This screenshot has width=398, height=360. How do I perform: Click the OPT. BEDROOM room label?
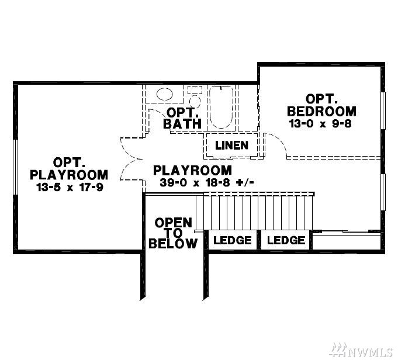coord(321,105)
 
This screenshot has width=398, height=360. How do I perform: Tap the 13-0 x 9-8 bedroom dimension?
coord(320,124)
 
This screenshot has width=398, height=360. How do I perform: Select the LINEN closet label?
coord(232,145)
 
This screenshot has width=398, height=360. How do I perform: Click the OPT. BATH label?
coord(182,118)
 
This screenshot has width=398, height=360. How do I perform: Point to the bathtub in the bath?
coord(222,107)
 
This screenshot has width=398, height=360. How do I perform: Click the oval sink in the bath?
coord(165,94)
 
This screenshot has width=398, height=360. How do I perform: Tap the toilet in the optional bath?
coord(195,97)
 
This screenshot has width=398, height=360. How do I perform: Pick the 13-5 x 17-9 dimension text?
coord(70,188)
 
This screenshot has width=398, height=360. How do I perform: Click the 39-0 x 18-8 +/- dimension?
coord(207,182)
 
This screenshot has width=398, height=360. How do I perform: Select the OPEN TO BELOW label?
coord(173,233)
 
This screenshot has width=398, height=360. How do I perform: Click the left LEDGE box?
coord(233,240)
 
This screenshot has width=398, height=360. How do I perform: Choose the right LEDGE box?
coord(286,240)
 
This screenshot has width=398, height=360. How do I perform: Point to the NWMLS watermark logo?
coord(362,350)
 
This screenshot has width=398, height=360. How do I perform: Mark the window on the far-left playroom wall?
coord(15,167)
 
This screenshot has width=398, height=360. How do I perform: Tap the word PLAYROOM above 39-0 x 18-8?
coord(193,170)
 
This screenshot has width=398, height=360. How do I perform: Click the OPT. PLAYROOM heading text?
coord(69,168)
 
